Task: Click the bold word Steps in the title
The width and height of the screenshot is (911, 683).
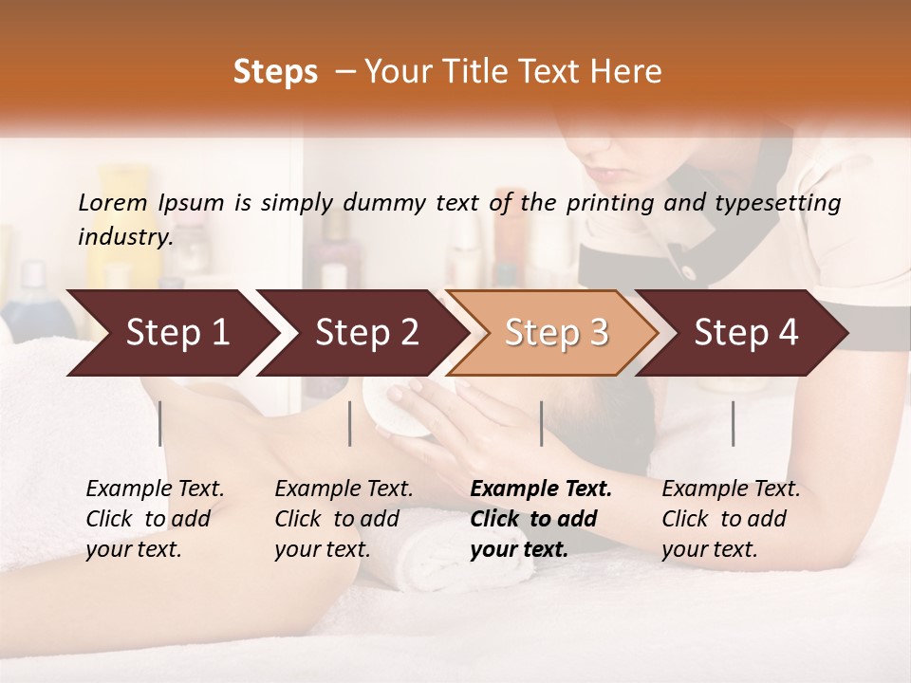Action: [275, 72]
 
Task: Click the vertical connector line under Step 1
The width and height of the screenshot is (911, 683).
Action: [160, 423]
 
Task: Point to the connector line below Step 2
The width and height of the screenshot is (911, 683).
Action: [350, 423]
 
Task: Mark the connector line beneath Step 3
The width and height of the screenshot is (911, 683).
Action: [542, 423]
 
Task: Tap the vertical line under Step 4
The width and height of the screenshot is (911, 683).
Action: [734, 423]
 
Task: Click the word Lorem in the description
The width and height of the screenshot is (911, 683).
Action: [113, 202]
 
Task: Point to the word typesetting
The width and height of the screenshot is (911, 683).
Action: [785, 203]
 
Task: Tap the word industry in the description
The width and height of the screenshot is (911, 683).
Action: [124, 237]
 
